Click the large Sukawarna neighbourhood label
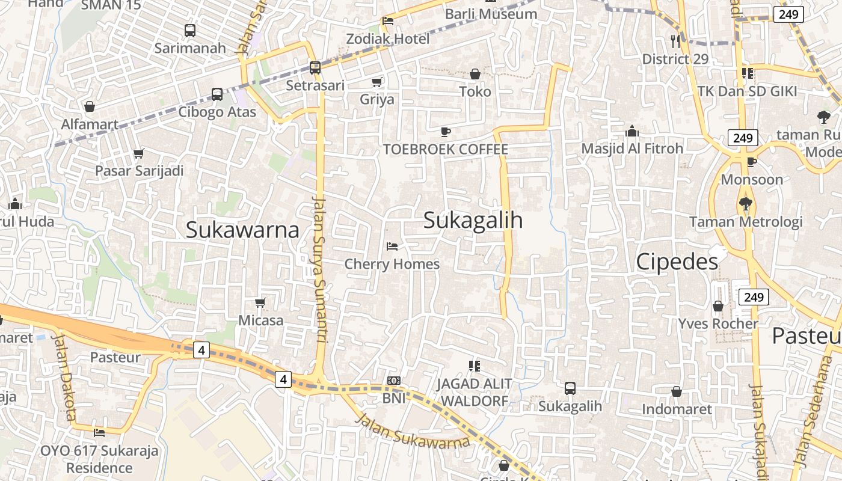tap(242, 230)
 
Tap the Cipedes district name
tap(677, 262)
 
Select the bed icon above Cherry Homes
tap(392, 247)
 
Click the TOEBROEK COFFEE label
tap(446, 149)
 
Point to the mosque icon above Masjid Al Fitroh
tap(632, 131)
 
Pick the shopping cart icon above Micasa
tap(260, 302)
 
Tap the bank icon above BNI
tap(394, 381)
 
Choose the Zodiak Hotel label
tap(388, 39)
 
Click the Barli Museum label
tap(491, 13)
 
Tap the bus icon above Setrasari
tap(315, 68)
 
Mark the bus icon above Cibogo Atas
tap(217, 94)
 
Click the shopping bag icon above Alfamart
tap(90, 106)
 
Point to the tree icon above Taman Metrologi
tap(746, 204)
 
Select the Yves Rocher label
tap(718, 323)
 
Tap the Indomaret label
tap(677, 409)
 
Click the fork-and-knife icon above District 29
tap(675, 41)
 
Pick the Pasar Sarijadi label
tap(139, 171)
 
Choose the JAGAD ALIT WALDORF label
tap(475, 392)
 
